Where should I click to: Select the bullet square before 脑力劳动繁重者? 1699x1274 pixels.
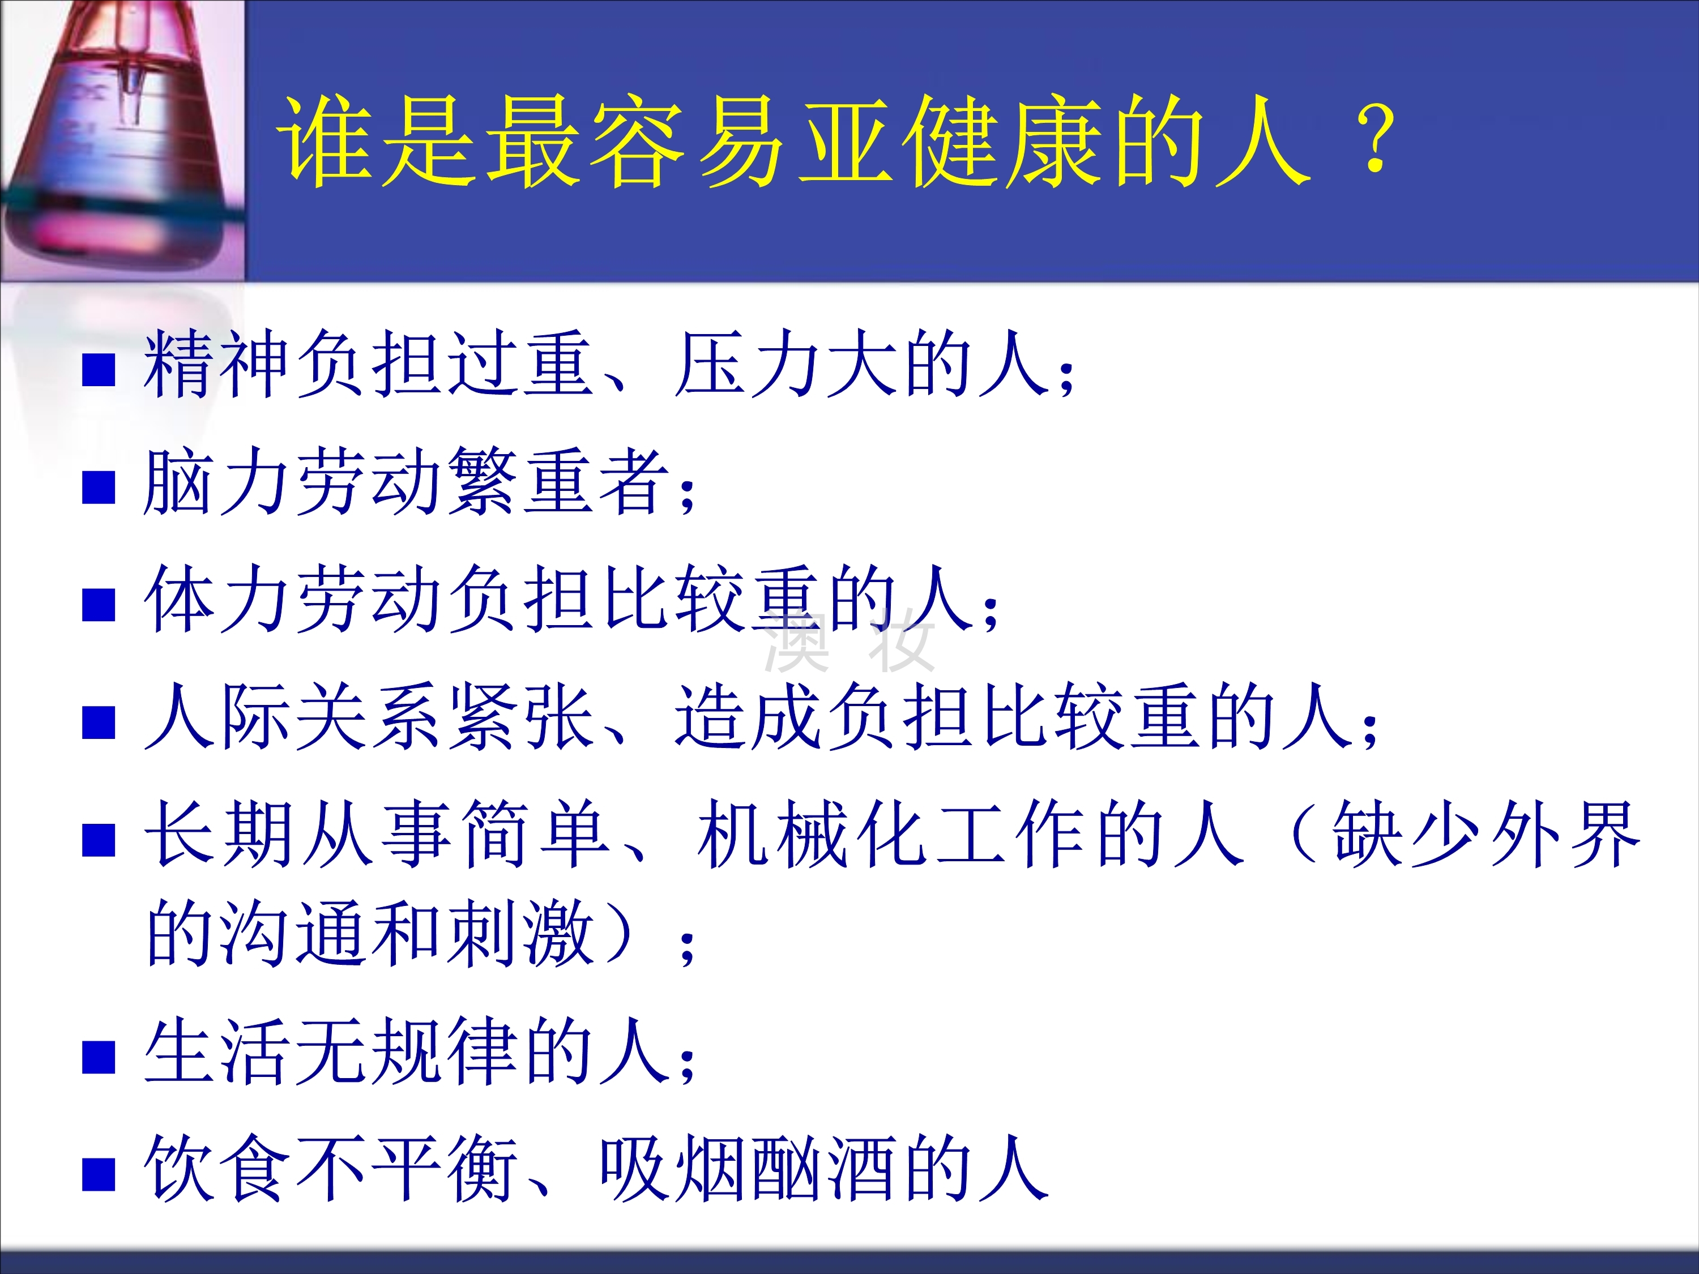(x=99, y=488)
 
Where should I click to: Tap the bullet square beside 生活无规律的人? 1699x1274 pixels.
(x=99, y=1057)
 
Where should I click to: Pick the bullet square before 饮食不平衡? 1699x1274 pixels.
(x=99, y=1175)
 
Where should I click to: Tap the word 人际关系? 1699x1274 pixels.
(x=292, y=717)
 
